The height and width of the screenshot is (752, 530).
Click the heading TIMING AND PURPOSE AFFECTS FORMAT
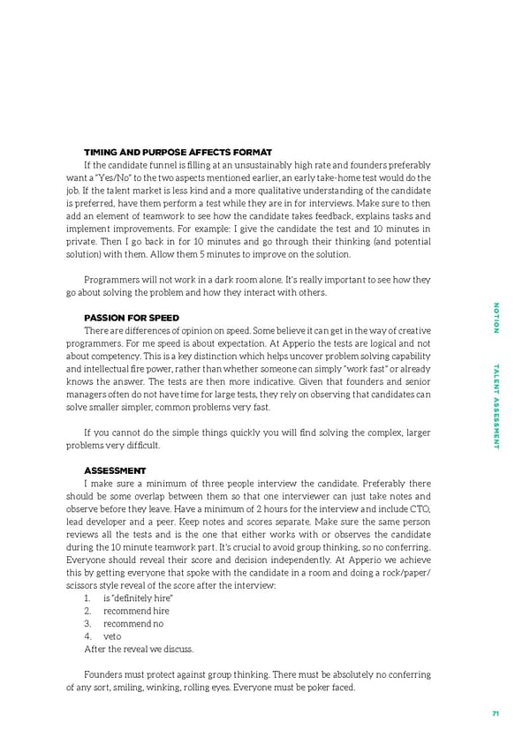coord(177,153)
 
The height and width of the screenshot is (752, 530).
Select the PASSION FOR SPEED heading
coord(132,318)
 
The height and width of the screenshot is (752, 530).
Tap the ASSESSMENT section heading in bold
coord(115,470)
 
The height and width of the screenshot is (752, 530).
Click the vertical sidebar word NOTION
coord(496,318)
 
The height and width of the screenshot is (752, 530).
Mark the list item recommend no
coord(131,623)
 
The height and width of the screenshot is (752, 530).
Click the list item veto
coord(112,635)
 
